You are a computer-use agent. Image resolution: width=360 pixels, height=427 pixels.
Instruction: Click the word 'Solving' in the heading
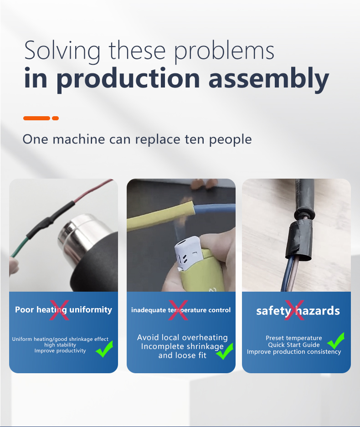62,51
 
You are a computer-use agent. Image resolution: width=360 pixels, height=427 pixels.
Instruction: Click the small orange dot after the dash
55,118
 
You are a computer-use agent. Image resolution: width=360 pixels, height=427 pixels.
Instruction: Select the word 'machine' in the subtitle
79,139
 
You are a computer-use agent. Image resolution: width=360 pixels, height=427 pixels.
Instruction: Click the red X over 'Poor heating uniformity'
59,310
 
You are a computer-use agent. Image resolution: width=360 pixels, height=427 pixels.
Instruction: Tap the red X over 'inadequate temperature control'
178,310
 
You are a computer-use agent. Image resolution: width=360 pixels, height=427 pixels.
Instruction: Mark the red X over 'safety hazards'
294,310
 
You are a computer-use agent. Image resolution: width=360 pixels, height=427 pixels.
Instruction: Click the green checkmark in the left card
104,349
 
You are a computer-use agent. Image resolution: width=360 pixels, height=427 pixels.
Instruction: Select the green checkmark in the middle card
224,351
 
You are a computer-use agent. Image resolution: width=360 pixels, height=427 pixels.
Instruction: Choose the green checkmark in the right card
336,341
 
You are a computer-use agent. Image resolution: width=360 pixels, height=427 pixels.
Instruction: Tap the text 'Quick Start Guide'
294,345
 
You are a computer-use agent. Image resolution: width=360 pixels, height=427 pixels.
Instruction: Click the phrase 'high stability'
60,345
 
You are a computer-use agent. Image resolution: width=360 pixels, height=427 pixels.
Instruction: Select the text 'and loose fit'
182,355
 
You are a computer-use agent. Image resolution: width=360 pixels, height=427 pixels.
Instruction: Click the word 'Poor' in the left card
25,309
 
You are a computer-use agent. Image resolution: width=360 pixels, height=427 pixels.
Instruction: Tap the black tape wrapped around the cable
299,239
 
